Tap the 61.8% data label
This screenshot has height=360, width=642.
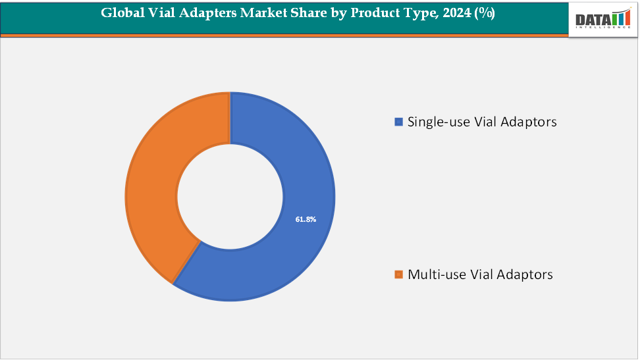(x=306, y=219)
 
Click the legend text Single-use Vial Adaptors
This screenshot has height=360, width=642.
(x=482, y=122)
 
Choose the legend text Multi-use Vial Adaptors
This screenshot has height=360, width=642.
(x=480, y=274)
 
